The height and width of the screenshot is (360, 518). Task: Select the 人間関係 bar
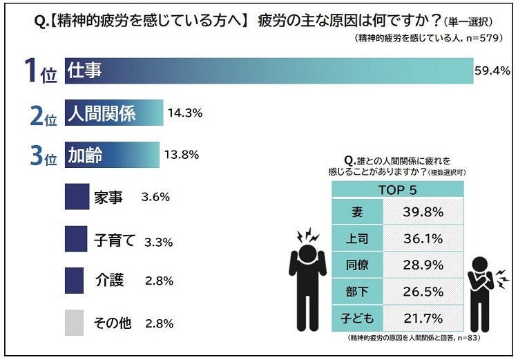(x=114, y=113)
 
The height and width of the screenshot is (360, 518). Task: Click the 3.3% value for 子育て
(x=158, y=242)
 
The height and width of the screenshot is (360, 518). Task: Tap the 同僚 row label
(x=356, y=265)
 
